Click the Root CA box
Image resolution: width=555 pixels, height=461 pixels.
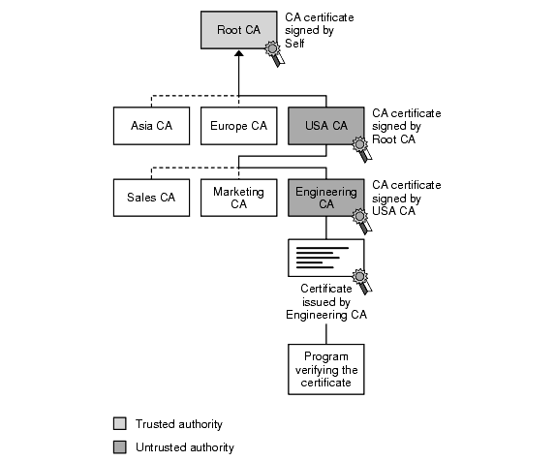point(238,30)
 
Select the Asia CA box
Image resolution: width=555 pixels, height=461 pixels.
point(151,126)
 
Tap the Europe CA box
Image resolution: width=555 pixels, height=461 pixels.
point(238,126)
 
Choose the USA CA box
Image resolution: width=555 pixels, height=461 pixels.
point(325,126)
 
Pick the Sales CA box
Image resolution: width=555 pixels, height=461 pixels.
point(151,198)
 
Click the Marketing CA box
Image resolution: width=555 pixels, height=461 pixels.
point(238,198)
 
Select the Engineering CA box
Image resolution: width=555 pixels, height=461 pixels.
point(325,198)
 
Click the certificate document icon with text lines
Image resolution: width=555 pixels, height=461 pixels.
point(324,259)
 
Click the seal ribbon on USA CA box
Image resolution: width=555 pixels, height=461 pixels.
point(362,149)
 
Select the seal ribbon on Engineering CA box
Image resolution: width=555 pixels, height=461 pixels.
point(362,220)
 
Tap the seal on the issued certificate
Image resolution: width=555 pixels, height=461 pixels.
point(361,283)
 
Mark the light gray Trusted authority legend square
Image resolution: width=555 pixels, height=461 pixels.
point(119,424)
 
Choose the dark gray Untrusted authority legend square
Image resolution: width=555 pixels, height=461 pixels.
point(119,447)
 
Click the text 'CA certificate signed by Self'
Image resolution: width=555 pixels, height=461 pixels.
point(319,31)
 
